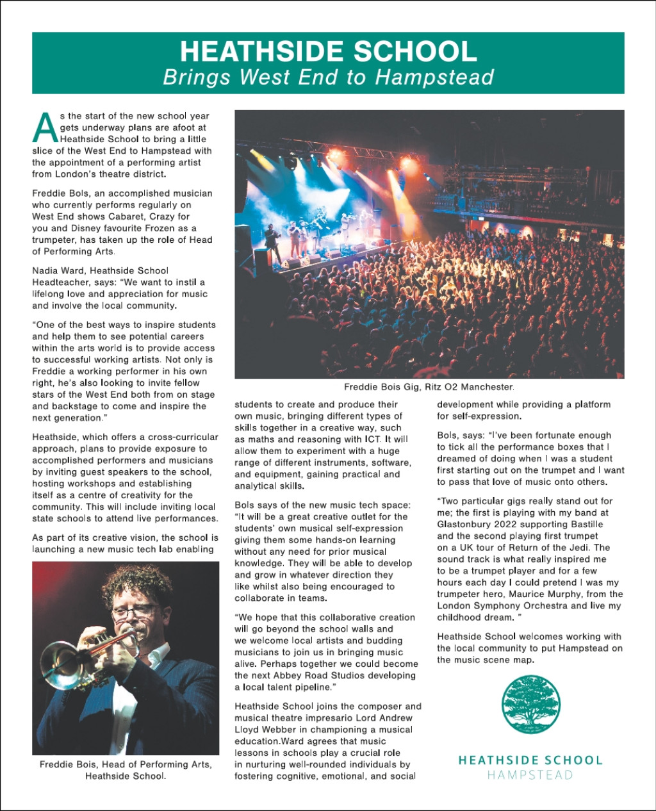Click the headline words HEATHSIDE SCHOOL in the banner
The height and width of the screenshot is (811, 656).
click(x=328, y=51)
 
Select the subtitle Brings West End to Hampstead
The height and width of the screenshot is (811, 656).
click(x=328, y=78)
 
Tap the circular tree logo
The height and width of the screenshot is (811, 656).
click(x=530, y=705)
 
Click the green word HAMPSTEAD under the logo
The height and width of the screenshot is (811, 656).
click(x=530, y=774)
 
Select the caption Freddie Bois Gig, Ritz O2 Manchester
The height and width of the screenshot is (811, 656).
click(x=429, y=387)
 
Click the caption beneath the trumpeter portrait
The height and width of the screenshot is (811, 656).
click(x=126, y=770)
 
